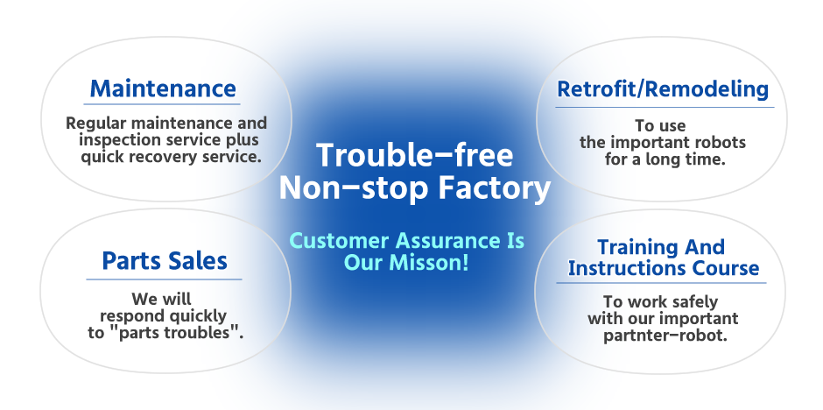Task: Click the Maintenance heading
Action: (x=163, y=88)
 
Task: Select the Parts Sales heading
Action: (x=165, y=261)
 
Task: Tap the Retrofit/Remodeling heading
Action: (x=663, y=89)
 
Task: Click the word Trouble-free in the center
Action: (x=415, y=155)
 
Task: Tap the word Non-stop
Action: (x=354, y=188)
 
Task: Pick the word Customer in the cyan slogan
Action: (x=340, y=241)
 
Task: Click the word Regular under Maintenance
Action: (x=96, y=124)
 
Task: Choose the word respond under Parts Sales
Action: (x=131, y=317)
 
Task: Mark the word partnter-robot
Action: (x=665, y=336)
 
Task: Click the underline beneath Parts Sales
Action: (x=164, y=279)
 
